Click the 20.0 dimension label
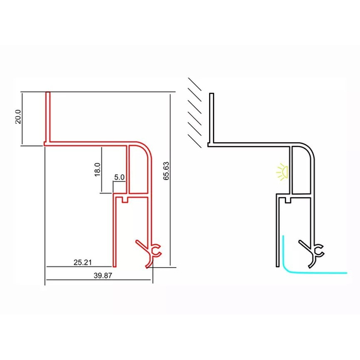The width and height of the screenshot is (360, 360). [18, 117]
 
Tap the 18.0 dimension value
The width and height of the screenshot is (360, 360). [97, 169]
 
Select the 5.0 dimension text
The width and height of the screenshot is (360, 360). [119, 177]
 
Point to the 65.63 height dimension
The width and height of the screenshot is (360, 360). [166, 171]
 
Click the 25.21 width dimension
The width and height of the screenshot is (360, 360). [83, 262]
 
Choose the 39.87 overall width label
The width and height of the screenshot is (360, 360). [103, 275]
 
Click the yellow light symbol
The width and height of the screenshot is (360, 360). [282, 171]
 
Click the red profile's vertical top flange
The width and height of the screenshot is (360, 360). [48, 117]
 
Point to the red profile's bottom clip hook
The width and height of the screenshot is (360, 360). [150, 253]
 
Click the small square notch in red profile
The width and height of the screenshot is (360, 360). [124, 200]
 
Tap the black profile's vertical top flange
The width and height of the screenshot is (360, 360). [212, 118]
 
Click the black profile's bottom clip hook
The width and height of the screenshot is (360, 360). [312, 254]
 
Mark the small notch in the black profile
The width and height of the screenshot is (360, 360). [289, 200]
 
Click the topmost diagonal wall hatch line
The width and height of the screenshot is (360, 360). [195, 84]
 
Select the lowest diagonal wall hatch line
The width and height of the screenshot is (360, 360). [195, 141]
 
